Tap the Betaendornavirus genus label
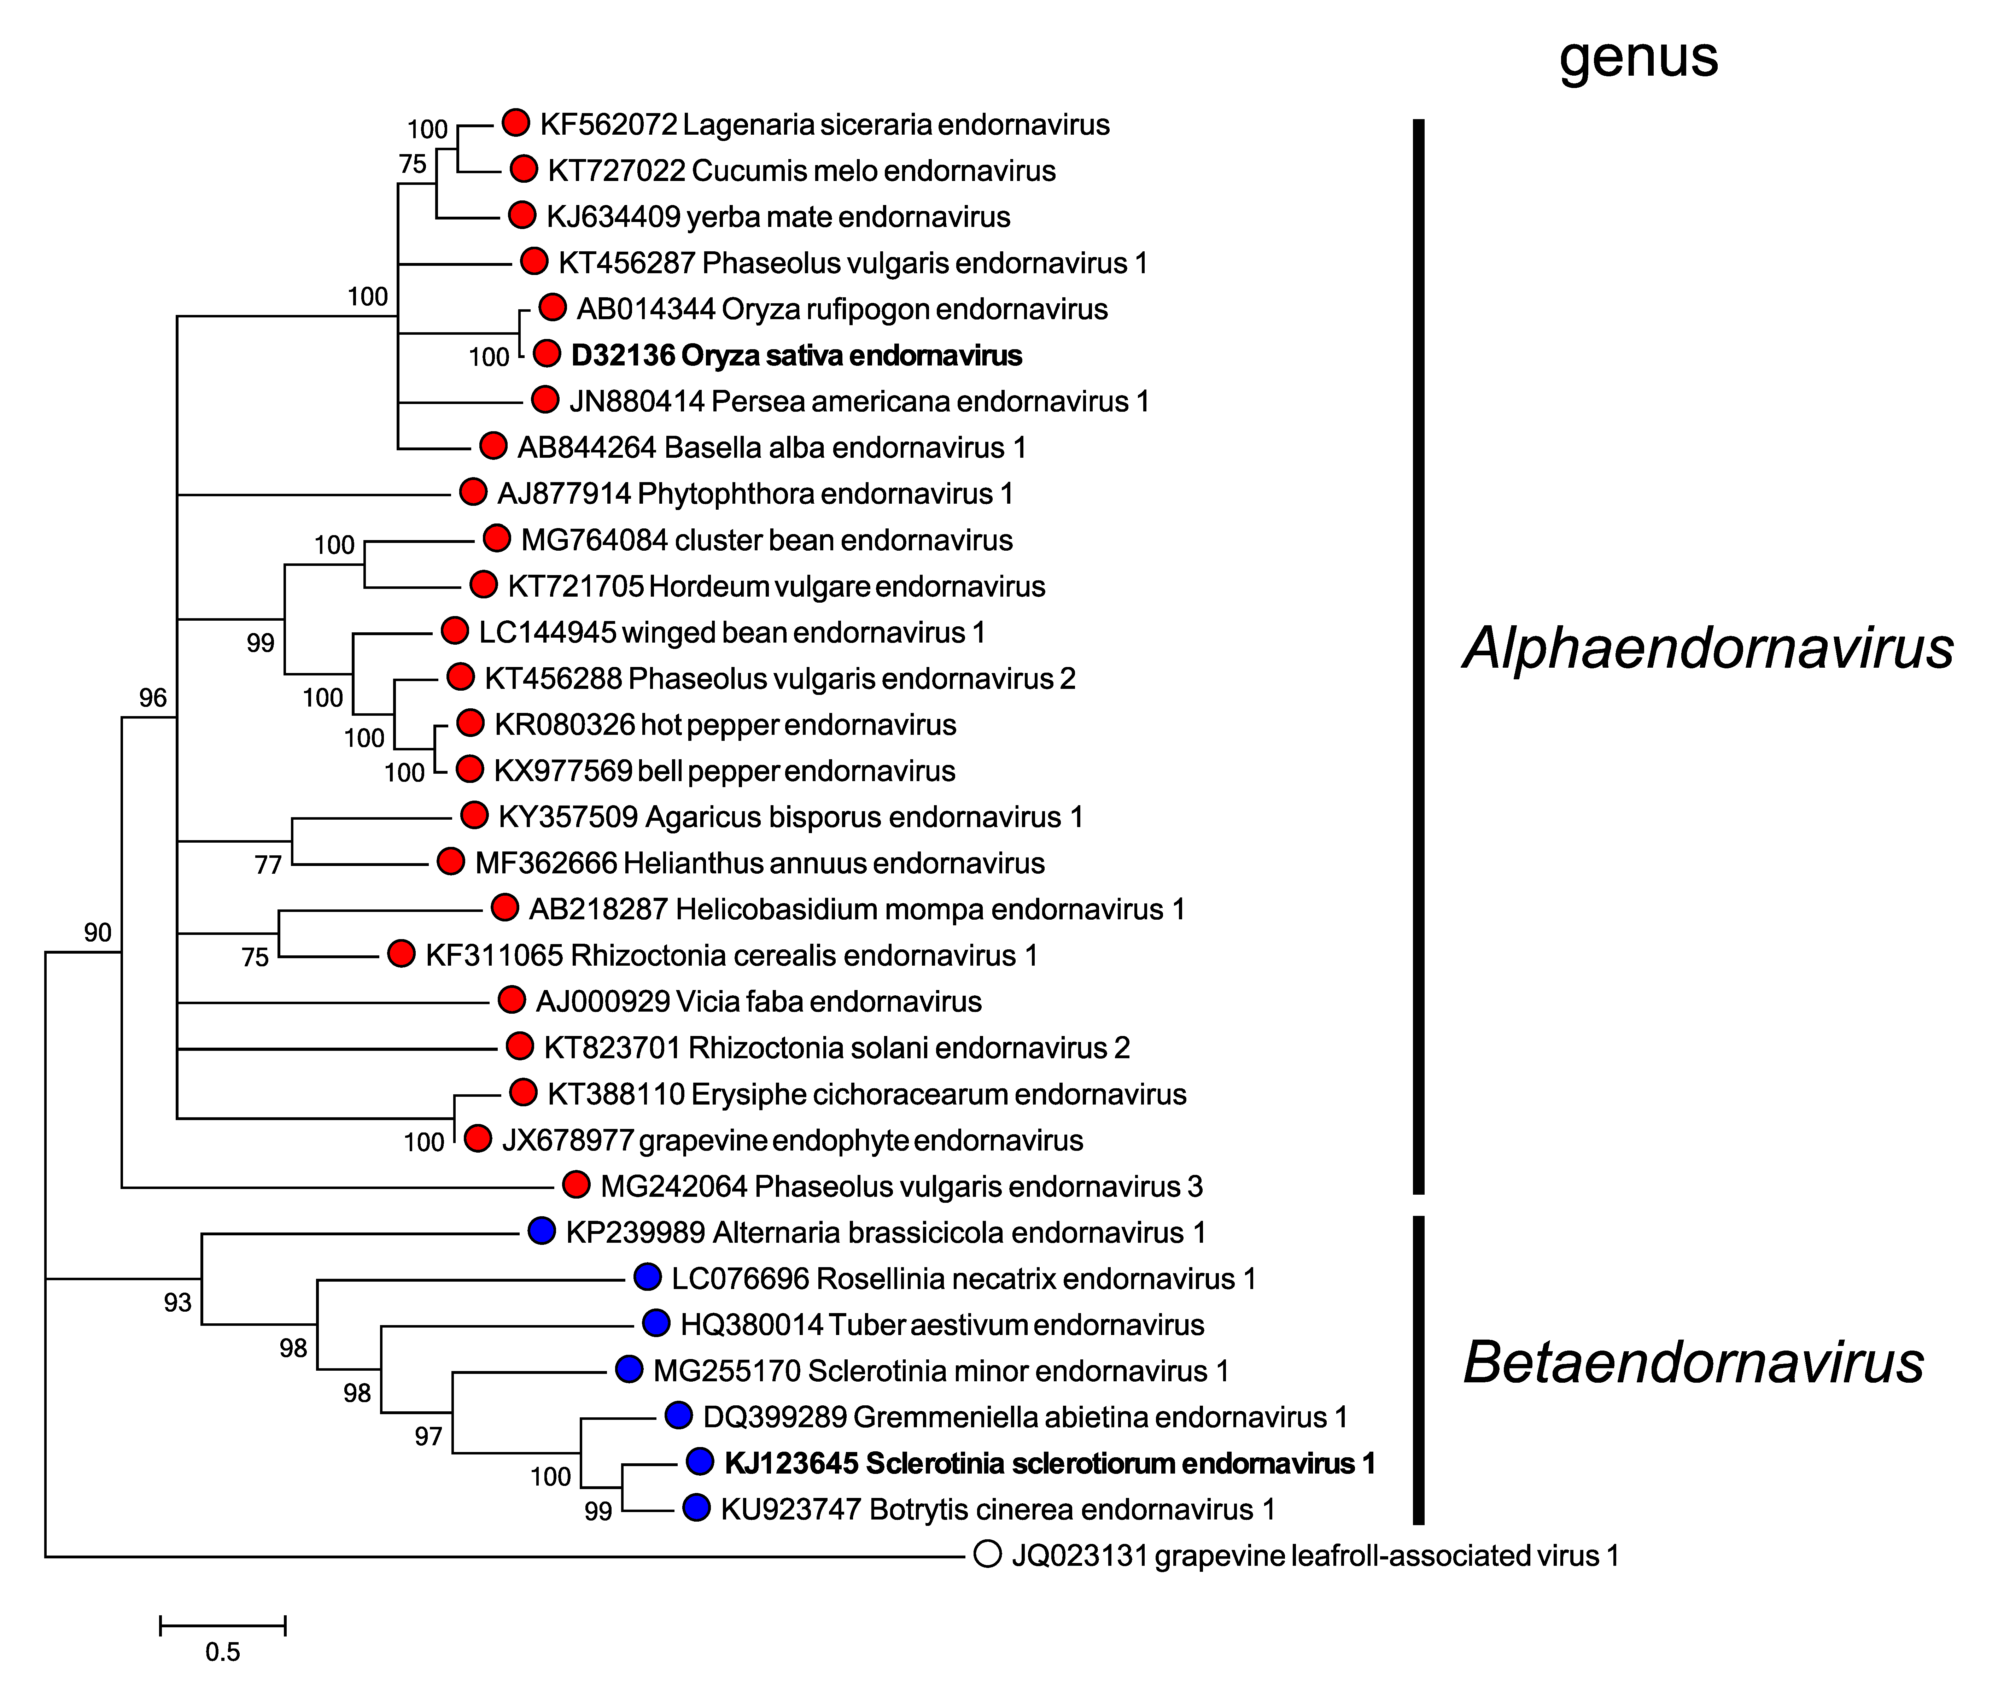[x=1693, y=1363]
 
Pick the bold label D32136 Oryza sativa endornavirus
[x=796, y=356]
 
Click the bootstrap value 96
[x=152, y=697]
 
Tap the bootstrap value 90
[x=98, y=932]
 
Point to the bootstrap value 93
[x=177, y=1303]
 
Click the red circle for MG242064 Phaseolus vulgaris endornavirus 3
[x=576, y=1185]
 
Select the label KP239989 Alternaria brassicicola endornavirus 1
[x=885, y=1232]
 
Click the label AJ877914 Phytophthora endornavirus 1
[x=755, y=494]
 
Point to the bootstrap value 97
[x=428, y=1437]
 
